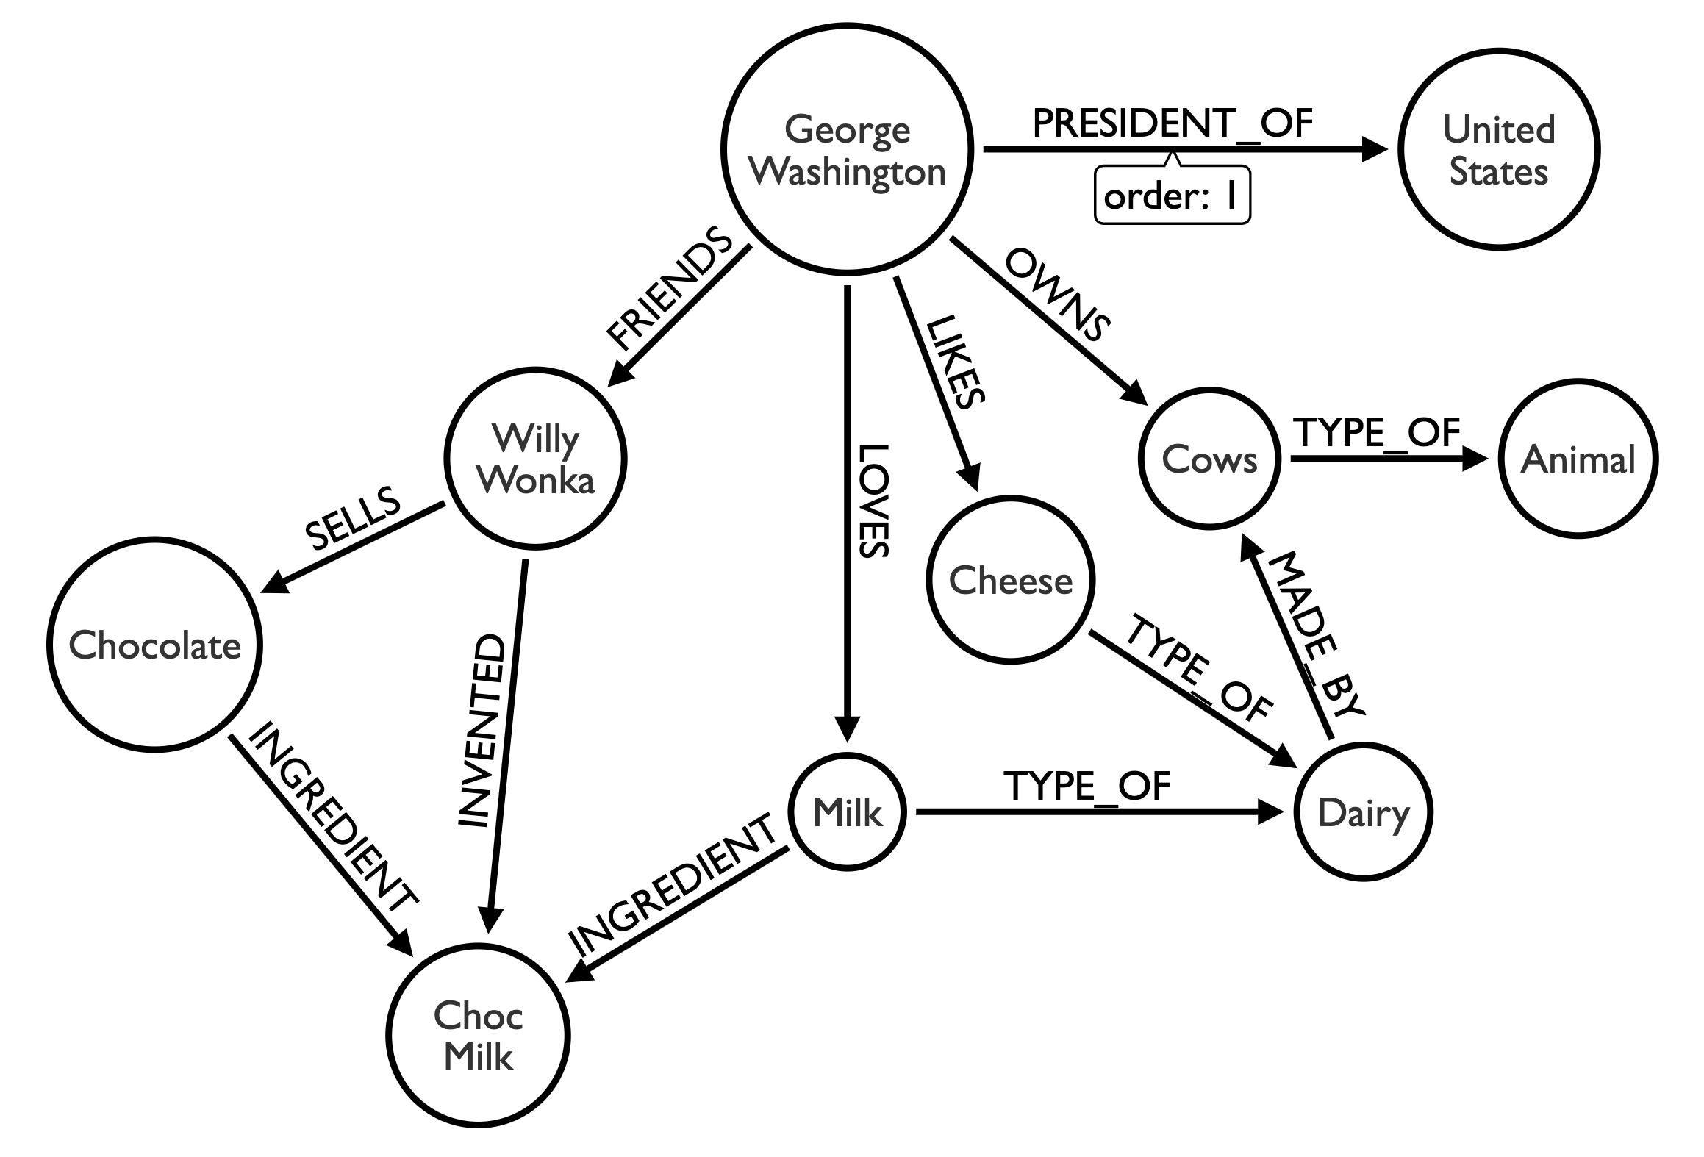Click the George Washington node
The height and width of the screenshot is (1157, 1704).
pyautogui.click(x=847, y=150)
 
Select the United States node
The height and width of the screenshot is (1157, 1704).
pyautogui.click(x=1498, y=150)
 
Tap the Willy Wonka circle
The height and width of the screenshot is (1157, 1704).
pyautogui.click(x=535, y=459)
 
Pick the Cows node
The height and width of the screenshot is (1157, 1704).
pyautogui.click(x=1209, y=459)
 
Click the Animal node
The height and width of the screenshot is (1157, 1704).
pyautogui.click(x=1578, y=459)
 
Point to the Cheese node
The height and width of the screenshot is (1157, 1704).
pyautogui.click(x=1010, y=581)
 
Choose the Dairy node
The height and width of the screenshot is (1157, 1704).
pyautogui.click(x=1363, y=812)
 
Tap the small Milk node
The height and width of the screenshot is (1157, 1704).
pyautogui.click(x=847, y=812)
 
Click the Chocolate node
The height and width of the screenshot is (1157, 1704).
pyautogui.click(x=154, y=645)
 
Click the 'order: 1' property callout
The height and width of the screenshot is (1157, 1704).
pyautogui.click(x=1172, y=196)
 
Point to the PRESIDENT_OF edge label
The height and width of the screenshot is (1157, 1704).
pyautogui.click(x=1172, y=123)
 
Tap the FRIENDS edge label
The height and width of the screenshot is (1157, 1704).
pyautogui.click(x=669, y=290)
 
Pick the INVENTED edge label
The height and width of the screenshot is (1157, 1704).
pyautogui.click(x=482, y=731)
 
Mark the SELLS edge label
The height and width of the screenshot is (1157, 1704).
pyautogui.click(x=353, y=518)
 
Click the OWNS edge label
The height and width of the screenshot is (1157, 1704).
pyautogui.click(x=1057, y=295)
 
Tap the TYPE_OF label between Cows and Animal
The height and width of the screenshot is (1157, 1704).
pyautogui.click(x=1376, y=432)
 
